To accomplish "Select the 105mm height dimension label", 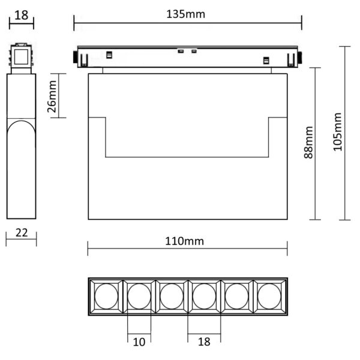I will [x=337, y=132].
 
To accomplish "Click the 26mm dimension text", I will [x=52, y=97].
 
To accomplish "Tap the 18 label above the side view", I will [x=21, y=14].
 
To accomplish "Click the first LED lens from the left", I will [x=106, y=296].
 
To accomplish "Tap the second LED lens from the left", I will [x=139, y=296].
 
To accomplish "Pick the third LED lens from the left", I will [x=172, y=296].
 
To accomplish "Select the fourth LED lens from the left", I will [x=204, y=296].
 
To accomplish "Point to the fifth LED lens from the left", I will [x=236, y=296].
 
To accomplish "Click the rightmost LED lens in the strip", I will [x=269, y=296].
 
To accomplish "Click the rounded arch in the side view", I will [x=21, y=129].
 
